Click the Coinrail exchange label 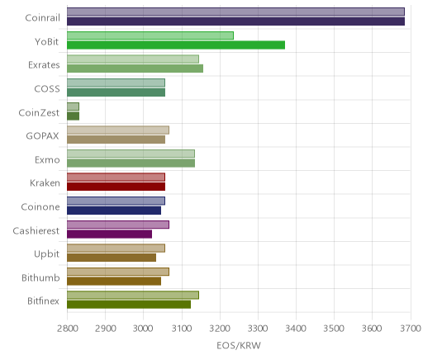click(42, 18)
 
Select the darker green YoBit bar click(176, 45)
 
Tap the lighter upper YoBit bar click(150, 36)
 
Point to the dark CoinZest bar click(74, 116)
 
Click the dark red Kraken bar click(116, 187)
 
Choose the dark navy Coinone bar click(114, 211)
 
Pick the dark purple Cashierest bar click(110, 234)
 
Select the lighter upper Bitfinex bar click(133, 295)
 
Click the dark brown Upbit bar click(112, 258)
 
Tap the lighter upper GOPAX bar click(118, 130)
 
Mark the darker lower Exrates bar click(135, 69)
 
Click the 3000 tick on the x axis click(143, 329)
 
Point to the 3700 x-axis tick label click(411, 329)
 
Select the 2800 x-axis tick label click(67, 329)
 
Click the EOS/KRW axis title click(239, 346)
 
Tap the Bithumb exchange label click(40, 277)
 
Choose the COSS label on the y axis click(47, 88)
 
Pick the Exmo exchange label click(47, 159)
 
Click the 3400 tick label click(296, 329)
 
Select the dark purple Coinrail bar click(236, 21)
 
